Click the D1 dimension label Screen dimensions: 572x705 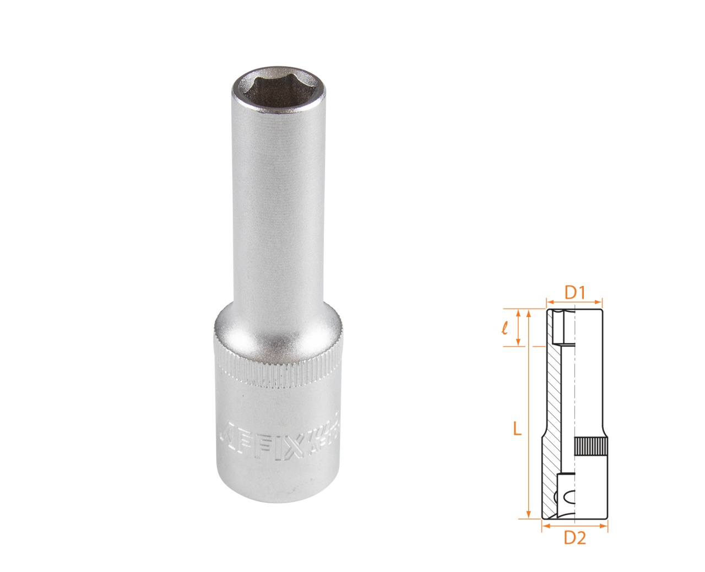[574, 292]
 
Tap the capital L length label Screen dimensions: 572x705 [517, 429]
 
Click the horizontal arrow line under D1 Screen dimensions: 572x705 [574, 302]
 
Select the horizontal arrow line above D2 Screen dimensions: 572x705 [574, 526]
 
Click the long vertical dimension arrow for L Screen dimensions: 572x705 [529, 413]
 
